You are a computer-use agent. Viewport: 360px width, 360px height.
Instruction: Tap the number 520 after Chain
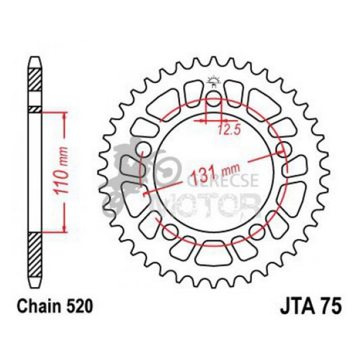point(77,307)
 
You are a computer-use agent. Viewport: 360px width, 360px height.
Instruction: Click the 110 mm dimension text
point(64,171)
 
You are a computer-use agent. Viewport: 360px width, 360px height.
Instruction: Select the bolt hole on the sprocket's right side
point(281,150)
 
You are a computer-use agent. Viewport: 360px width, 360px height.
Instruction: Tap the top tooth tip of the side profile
point(35,60)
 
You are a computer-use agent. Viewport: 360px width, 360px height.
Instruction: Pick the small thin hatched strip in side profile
point(35,109)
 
